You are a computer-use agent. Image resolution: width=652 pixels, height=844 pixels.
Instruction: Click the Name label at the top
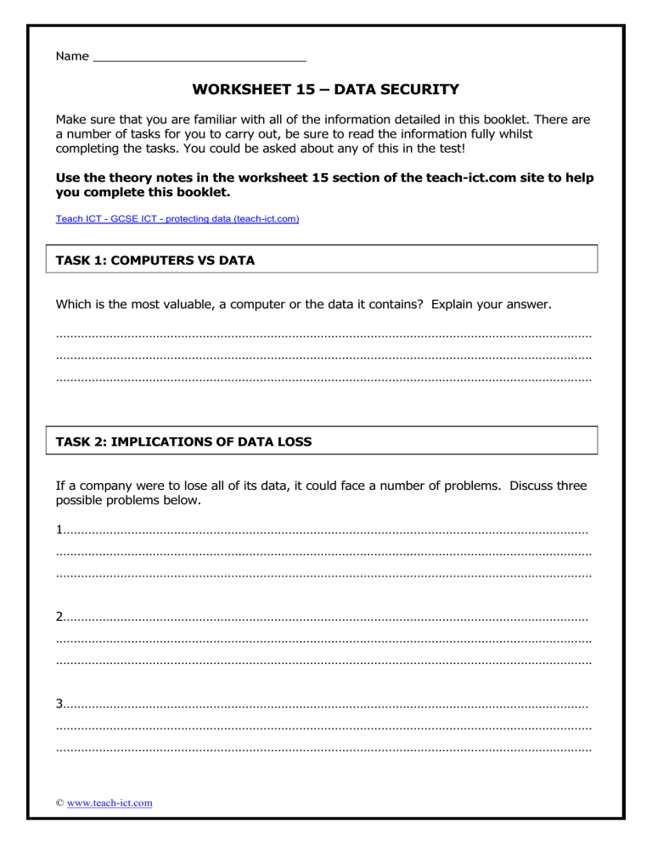[x=71, y=56]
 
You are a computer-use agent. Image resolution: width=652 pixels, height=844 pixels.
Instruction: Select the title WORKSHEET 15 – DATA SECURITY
[x=326, y=89]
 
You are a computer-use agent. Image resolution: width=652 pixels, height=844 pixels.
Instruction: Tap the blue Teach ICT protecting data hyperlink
[x=177, y=218]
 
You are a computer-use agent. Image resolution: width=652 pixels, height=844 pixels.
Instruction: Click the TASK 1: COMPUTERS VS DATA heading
[x=155, y=261]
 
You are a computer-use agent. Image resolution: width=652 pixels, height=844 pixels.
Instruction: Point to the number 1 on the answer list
[x=59, y=532]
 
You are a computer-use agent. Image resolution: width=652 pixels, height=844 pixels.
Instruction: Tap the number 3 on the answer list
[x=59, y=703]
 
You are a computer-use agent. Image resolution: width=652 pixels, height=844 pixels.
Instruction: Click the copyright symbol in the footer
[x=59, y=802]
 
